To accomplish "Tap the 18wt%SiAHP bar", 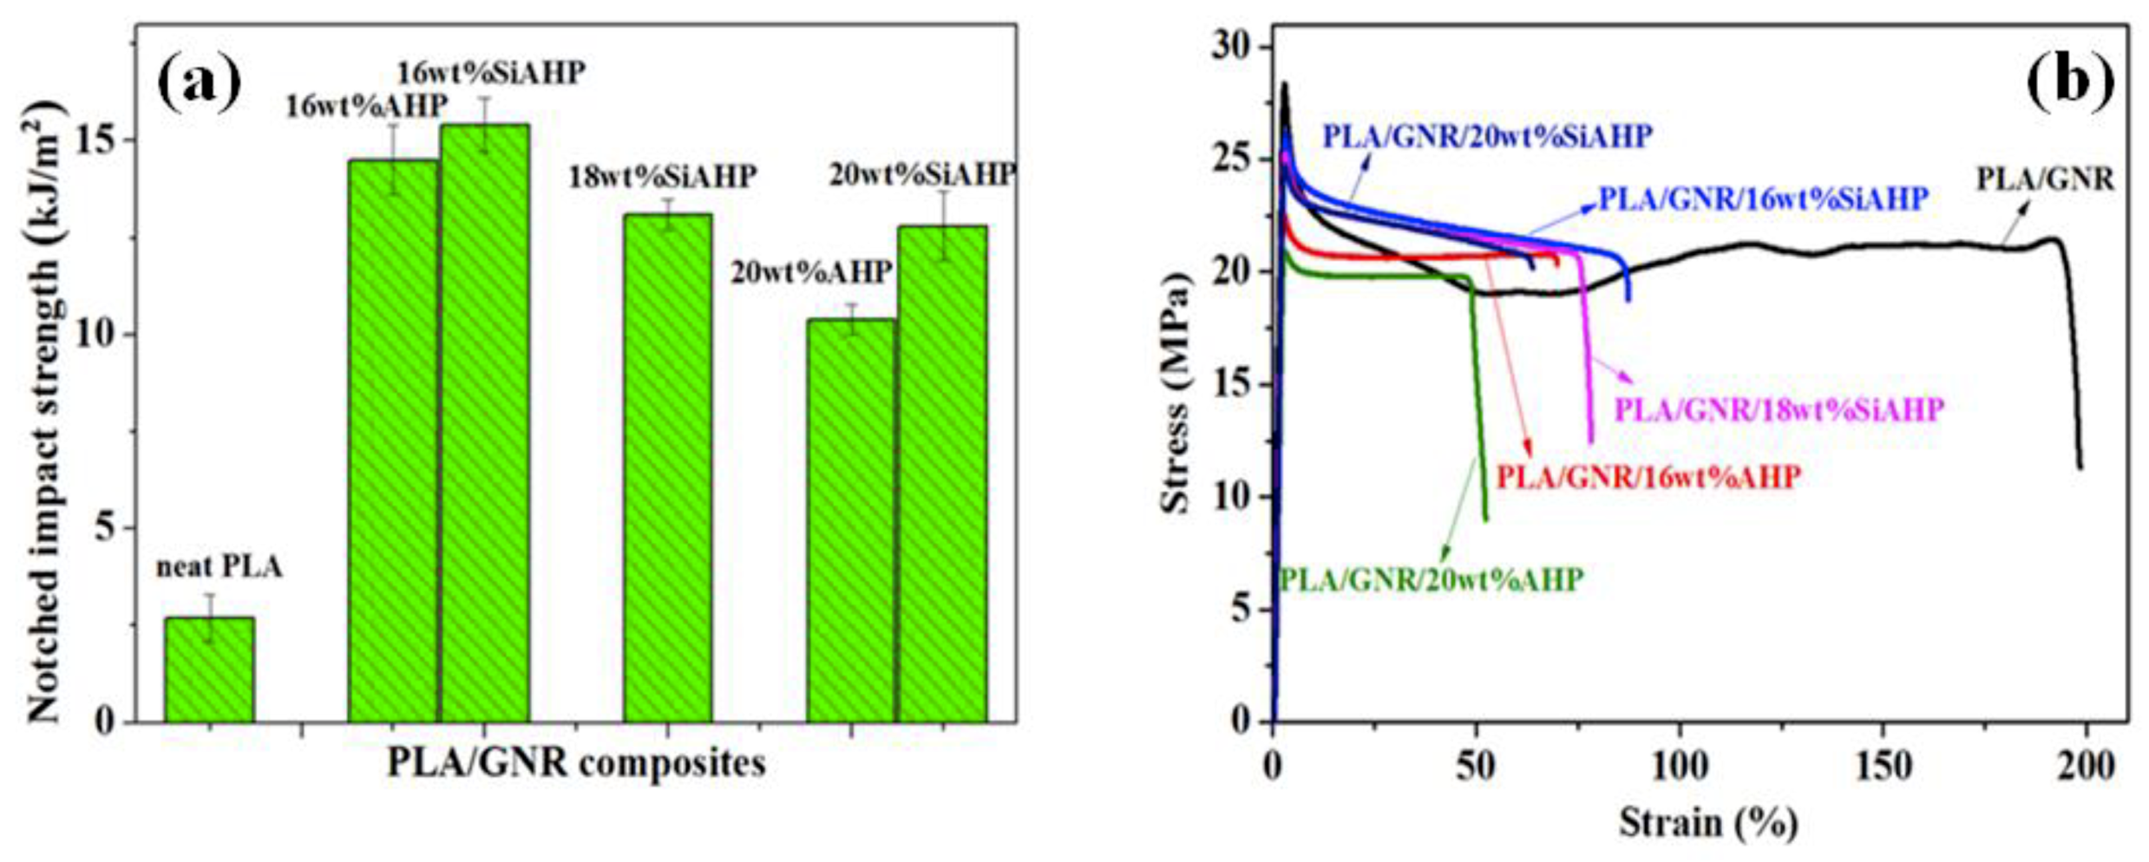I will (667, 468).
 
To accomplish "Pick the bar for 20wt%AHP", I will (850, 520).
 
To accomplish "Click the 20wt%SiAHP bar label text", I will (922, 175).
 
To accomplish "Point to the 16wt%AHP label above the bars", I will (366, 107).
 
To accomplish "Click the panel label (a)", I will (199, 80).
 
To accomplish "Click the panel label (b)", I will (2070, 80).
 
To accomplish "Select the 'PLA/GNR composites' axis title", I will (576, 764).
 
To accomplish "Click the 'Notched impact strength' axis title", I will (45, 412).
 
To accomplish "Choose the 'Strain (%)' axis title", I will (1707, 822).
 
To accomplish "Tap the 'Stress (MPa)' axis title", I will (1176, 393).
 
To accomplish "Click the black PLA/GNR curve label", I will (2045, 180).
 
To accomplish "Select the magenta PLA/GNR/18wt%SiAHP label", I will (1779, 409).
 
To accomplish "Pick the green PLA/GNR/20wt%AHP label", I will (1432, 579).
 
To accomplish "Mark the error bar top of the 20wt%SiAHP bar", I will (943, 192).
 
